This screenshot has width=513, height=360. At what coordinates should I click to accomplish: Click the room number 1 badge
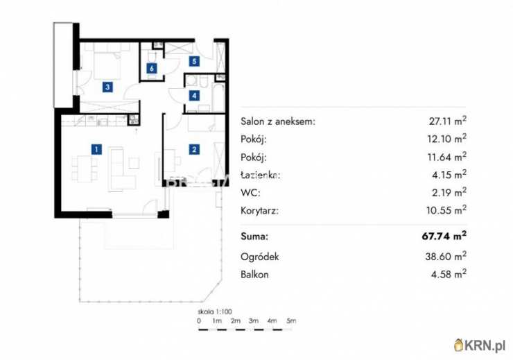(x=96, y=148)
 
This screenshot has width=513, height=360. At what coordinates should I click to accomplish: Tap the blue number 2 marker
(x=195, y=148)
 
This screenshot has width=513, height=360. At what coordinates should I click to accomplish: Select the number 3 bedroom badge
(x=107, y=87)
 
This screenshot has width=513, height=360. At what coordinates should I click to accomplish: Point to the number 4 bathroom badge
(x=195, y=96)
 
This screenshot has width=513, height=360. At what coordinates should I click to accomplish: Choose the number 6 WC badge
(x=151, y=68)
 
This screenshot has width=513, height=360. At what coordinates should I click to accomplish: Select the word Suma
(x=254, y=237)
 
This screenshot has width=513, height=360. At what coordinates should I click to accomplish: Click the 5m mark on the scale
(x=291, y=321)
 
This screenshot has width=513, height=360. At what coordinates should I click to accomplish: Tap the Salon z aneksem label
(x=278, y=121)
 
